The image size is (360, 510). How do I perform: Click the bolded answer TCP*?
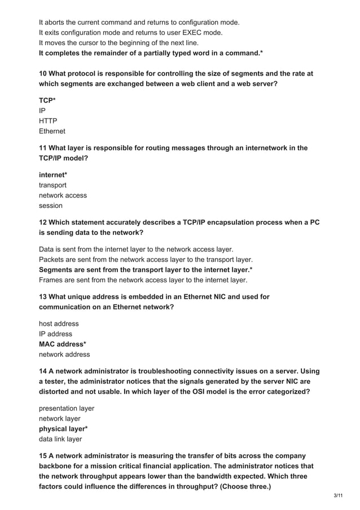point(47,100)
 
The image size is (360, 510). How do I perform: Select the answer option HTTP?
point(48,121)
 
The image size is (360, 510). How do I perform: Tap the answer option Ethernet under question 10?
point(52,131)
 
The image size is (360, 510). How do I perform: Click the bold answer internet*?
point(53,175)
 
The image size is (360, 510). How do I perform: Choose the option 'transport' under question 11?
point(52,185)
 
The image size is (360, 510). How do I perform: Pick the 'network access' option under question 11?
point(63,195)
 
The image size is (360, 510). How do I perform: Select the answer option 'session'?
point(51,206)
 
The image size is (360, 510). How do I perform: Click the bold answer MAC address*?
point(63,344)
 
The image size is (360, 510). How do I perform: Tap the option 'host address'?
point(59,324)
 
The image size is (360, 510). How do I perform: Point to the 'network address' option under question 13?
point(64,354)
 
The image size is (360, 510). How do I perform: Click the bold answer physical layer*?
point(63,429)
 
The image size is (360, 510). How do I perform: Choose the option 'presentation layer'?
point(67,408)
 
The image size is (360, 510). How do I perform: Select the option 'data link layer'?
point(60,439)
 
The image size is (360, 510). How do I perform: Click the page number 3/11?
point(339,495)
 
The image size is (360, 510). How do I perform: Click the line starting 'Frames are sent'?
point(143,280)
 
